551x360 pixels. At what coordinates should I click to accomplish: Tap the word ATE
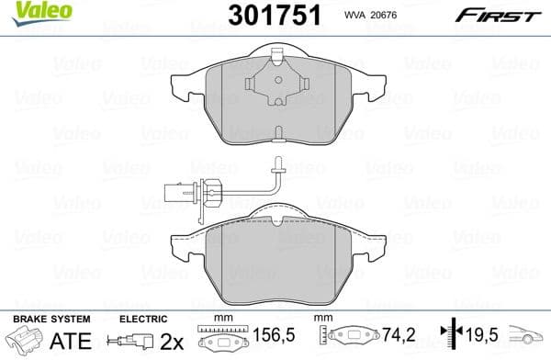(x=48, y=340)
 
